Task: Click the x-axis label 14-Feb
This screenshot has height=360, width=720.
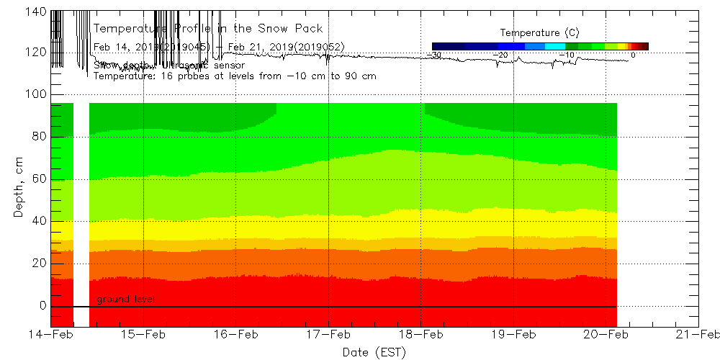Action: point(51,335)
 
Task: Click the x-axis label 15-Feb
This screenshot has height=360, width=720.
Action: point(144,335)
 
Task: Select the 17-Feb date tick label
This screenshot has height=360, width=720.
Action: point(329,335)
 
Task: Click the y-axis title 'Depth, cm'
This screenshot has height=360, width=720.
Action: point(19,189)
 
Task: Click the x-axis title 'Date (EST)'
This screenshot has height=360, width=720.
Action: point(374,351)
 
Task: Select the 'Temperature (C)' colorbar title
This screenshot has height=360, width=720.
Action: point(539,33)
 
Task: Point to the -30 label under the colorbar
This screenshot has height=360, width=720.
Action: point(434,55)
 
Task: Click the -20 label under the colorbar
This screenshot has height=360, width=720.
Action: point(500,55)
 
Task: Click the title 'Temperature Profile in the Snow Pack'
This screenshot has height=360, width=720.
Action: point(208,29)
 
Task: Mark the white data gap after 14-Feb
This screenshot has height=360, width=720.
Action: point(81,216)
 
